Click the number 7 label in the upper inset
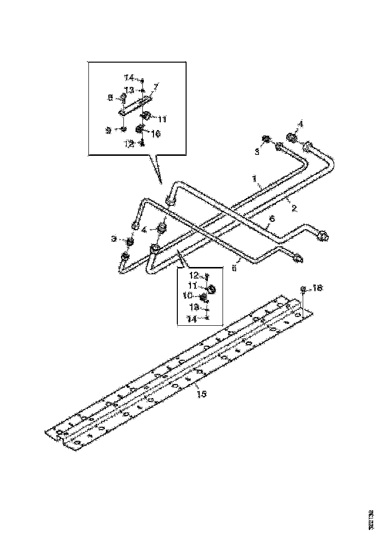pos(156,86)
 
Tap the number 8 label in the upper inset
pos(110,98)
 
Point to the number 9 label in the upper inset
pos(109,130)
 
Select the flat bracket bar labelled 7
pos(135,105)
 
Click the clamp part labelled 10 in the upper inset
pos(140,130)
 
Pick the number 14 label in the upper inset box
pos(128,78)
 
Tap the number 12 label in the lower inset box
pos(194,276)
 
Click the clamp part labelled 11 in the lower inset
pos(212,290)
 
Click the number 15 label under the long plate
pos(201,394)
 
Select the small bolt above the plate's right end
pos(303,291)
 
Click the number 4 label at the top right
pos(301,125)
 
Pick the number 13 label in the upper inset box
pos(129,90)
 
